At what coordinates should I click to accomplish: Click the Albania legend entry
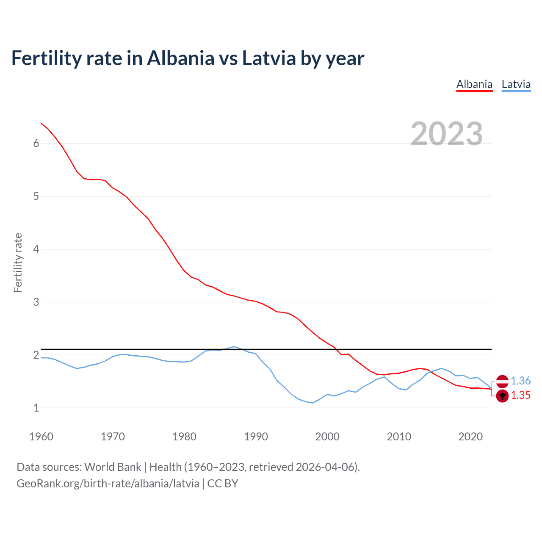coord(474,84)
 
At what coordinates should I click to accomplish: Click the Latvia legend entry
coord(516,84)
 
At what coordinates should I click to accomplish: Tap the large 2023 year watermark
coord(446,134)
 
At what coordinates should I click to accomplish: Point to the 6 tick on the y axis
coord(36,144)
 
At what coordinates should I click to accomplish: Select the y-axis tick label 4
coord(36,249)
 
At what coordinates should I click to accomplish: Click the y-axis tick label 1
coord(36,408)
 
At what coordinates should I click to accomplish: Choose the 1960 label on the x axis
coord(41,437)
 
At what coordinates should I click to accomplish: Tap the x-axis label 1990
coord(256,437)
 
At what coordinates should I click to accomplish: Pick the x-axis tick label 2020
coord(470,437)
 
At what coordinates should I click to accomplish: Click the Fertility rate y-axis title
coord(18,263)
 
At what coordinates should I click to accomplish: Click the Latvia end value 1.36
coord(520,381)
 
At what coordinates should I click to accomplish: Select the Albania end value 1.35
coord(520,395)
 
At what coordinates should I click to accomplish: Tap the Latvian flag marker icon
coord(502,381)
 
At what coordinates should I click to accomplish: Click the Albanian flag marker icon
coord(502,396)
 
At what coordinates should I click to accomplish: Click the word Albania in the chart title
coord(181,58)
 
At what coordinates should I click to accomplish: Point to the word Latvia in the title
coord(269,58)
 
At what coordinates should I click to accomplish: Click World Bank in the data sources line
coord(113,467)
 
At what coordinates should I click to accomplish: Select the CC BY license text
coord(223,484)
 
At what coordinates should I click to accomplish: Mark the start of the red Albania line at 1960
coord(41,123)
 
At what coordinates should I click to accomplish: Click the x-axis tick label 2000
coord(327,437)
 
